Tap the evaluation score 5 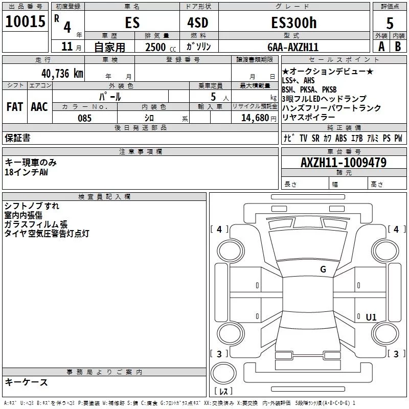coord(390,23)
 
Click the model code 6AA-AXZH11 coord(293,47)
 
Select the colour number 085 coord(85,118)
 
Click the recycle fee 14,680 coord(255,118)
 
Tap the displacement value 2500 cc coord(160,47)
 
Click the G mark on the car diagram coord(323,269)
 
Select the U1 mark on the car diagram coord(371,317)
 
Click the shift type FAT coord(14,106)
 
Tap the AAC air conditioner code coord(39,106)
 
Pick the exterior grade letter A coord(381,47)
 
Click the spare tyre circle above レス coord(223,374)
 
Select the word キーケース coord(26,382)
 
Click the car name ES coord(132,23)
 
